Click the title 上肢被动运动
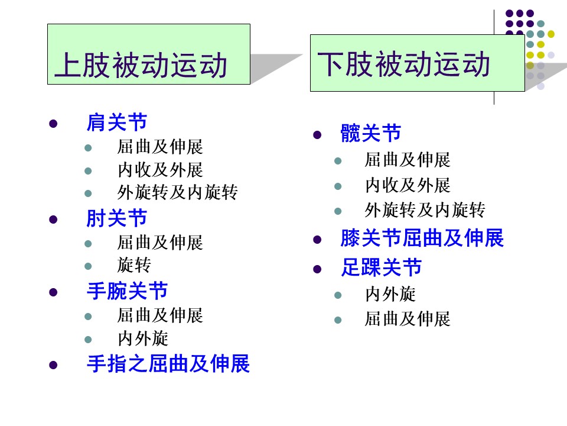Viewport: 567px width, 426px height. tap(141, 65)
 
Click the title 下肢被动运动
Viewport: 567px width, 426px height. tap(403, 64)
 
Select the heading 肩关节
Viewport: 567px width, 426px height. tap(117, 122)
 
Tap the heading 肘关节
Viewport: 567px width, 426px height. tap(117, 218)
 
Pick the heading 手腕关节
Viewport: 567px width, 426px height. tap(128, 291)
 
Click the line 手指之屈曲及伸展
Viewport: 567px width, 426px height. tap(168, 364)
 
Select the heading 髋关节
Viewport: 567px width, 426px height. tap(371, 133)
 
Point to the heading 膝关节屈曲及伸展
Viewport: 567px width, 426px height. tap(422, 238)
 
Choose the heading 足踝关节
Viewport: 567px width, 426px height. tap(381, 267)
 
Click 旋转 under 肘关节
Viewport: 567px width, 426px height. tap(134, 265)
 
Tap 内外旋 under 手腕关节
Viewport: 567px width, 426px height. tap(143, 338)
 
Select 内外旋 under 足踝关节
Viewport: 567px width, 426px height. tap(390, 294)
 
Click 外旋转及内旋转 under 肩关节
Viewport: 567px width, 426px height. tap(178, 192)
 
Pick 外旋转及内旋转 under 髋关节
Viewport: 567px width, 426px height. tap(425, 209)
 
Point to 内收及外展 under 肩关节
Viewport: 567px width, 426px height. tap(160, 170)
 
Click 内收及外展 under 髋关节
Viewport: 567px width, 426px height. tap(408, 185)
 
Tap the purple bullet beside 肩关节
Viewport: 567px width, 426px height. tap(53, 124)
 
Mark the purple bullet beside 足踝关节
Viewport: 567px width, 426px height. tap(317, 269)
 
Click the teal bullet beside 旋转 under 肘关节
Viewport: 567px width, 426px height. tap(88, 266)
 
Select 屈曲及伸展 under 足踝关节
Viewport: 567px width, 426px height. tap(408, 319)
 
